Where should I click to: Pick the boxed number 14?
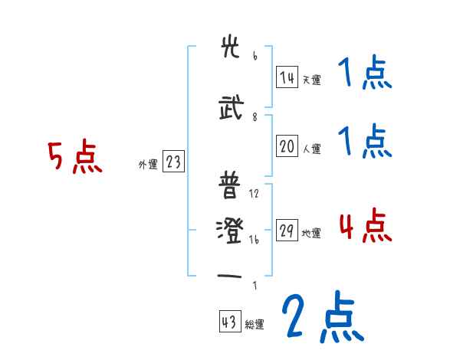[287, 77]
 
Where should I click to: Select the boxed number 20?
[287, 148]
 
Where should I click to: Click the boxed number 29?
[287, 232]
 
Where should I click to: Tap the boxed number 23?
[173, 162]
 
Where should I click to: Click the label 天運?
[310, 80]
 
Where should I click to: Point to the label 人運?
[310, 149]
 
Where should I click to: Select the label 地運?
[310, 234]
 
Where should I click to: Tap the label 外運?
[147, 164]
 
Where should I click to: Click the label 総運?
[254, 325]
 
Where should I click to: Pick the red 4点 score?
[365, 226]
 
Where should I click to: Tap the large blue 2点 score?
[321, 317]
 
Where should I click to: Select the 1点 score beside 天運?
[365, 75]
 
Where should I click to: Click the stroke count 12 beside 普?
[255, 194]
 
